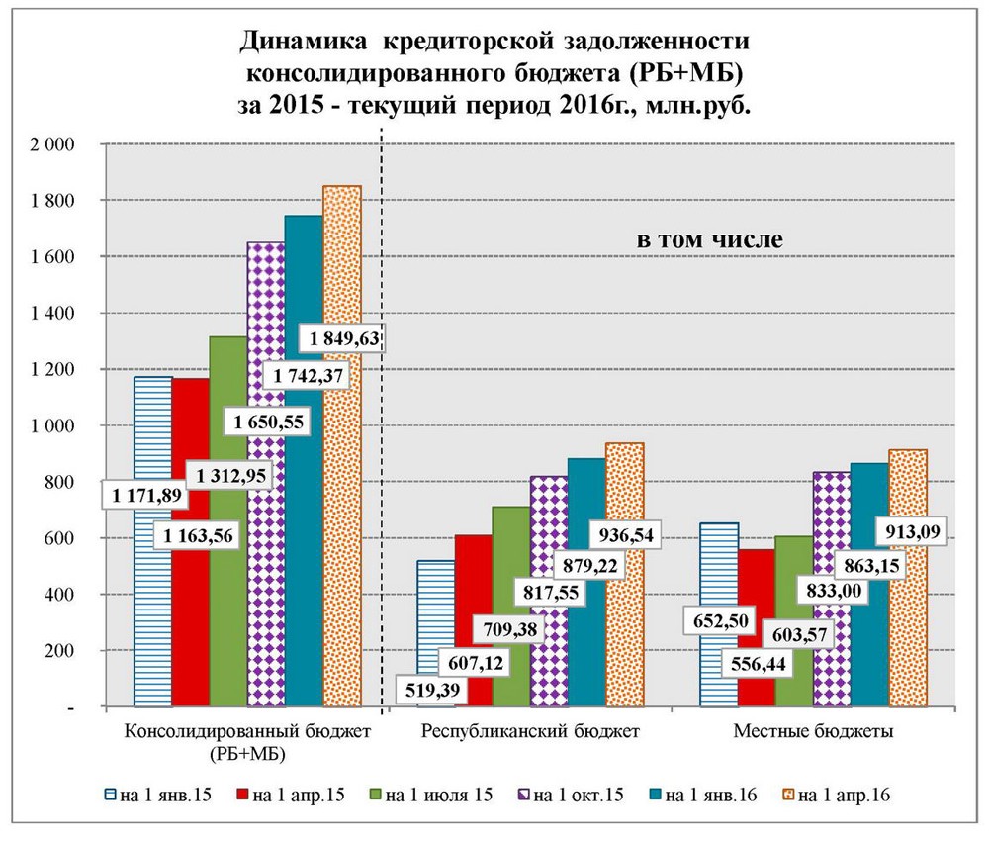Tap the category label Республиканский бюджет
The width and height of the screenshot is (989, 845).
530,733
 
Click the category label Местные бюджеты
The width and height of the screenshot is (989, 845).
814,733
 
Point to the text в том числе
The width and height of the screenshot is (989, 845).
708,239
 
